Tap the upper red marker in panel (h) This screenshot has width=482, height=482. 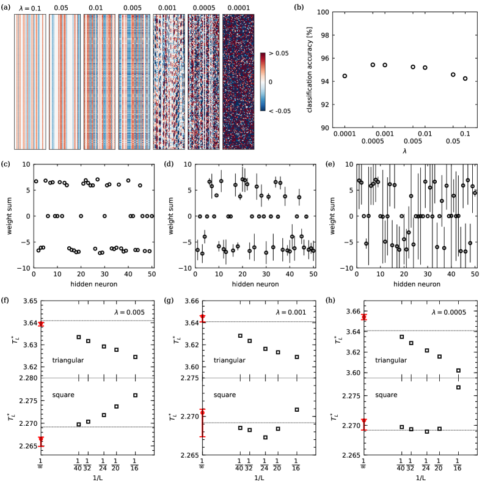pos(364,317)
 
